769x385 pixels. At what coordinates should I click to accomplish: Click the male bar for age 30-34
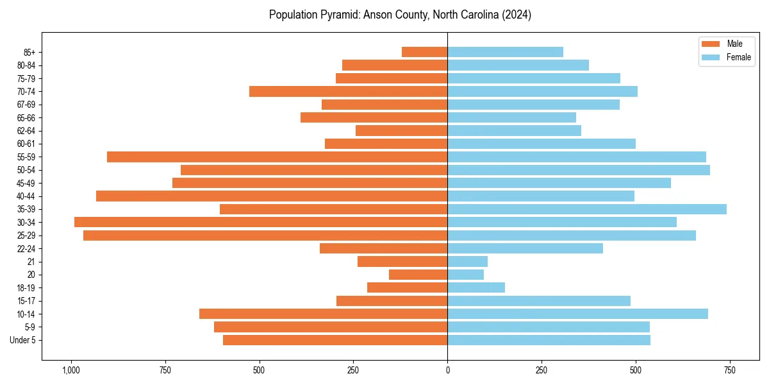[261, 222]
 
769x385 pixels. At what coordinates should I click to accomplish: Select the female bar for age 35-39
[587, 209]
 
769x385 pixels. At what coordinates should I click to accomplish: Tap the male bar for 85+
[424, 52]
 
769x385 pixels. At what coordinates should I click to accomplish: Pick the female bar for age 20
[465, 275]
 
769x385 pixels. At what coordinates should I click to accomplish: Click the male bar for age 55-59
[277, 157]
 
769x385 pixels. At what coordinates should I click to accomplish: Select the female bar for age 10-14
[577, 314]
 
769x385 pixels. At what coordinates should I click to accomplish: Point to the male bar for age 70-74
[348, 91]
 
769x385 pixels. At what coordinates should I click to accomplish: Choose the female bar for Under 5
[549, 340]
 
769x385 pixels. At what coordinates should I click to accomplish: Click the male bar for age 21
[402, 262]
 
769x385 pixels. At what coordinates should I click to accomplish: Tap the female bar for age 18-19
[476, 287]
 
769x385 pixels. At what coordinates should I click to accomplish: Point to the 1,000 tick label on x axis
[70, 370]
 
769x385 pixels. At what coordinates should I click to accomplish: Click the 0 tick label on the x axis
[447, 370]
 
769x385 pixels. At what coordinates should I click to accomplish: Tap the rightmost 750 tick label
[729, 370]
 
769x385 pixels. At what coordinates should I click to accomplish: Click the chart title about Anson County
[400, 15]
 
